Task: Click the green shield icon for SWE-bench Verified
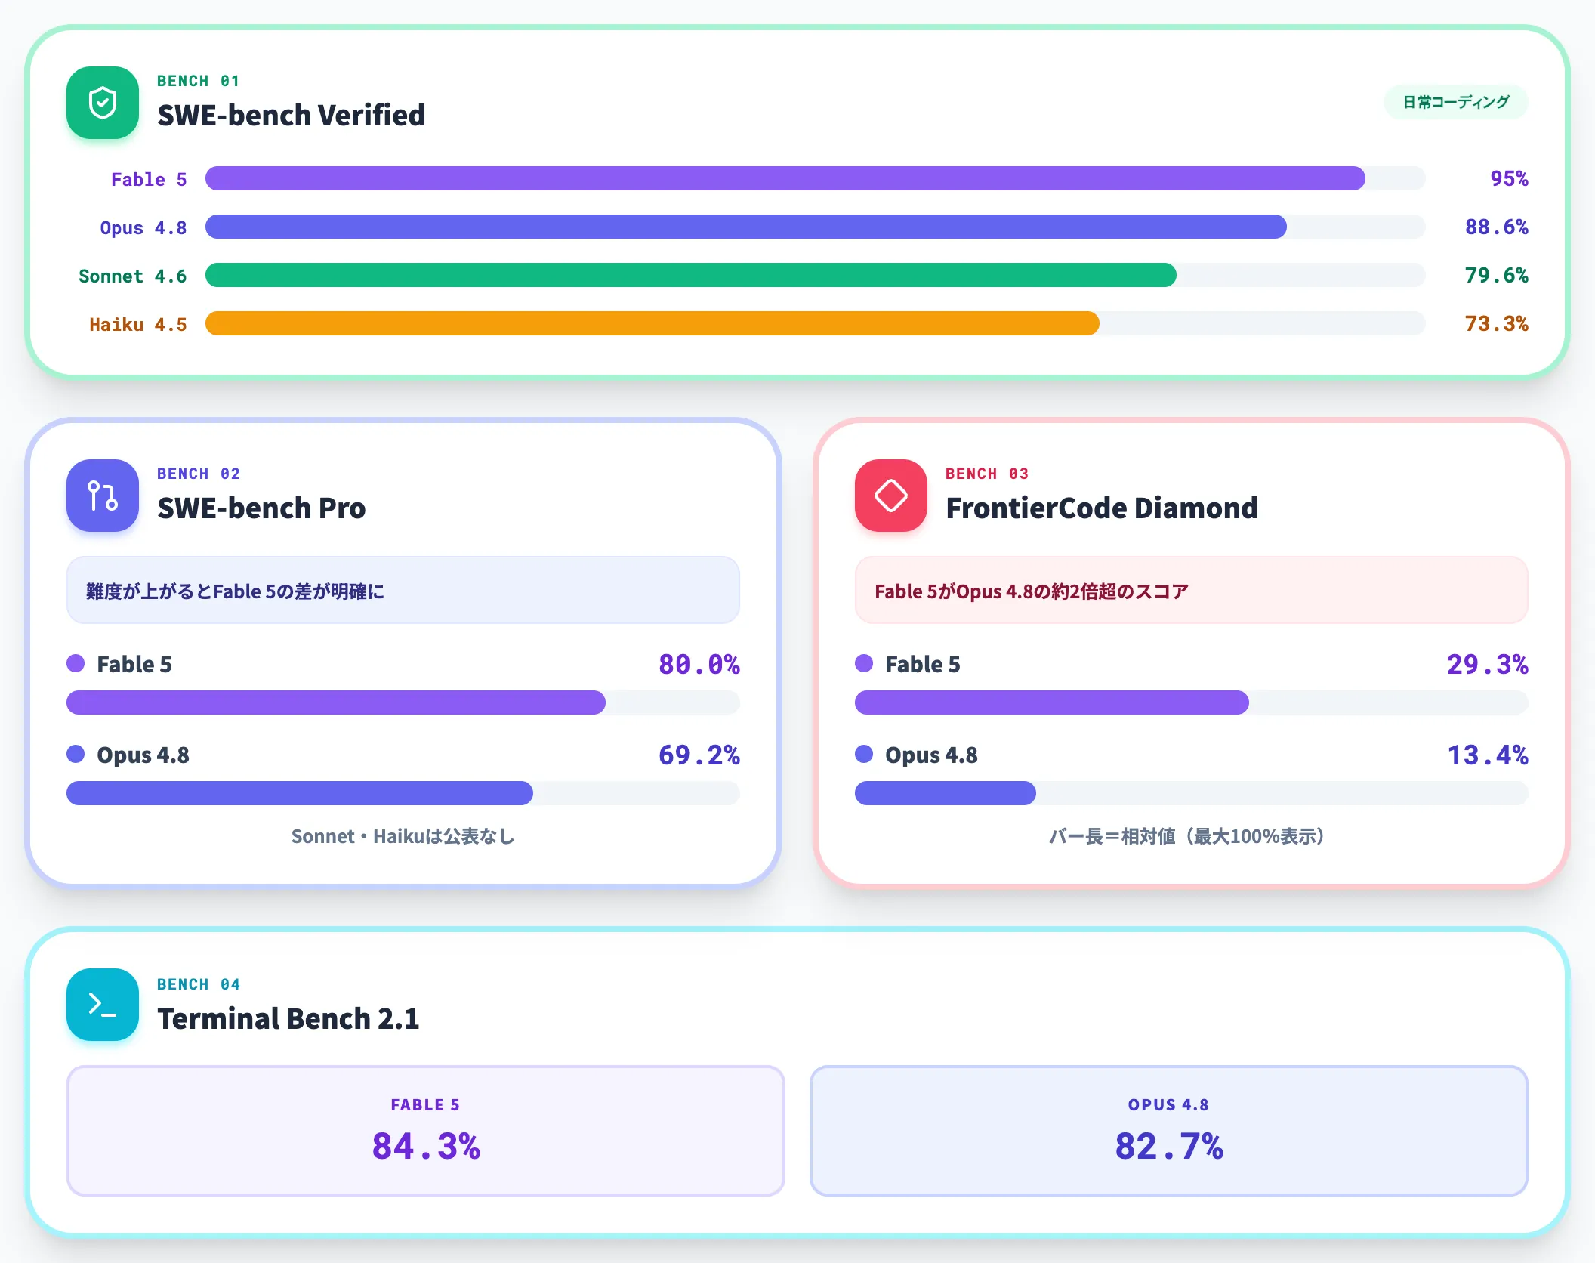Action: (x=103, y=103)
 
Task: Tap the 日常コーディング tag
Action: (x=1455, y=102)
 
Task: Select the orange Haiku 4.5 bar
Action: (x=652, y=323)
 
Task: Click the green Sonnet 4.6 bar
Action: (x=691, y=275)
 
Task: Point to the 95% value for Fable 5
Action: (x=1509, y=178)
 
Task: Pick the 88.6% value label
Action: (x=1496, y=227)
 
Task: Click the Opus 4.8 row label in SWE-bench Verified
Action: (x=143, y=227)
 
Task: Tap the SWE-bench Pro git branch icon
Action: (x=103, y=496)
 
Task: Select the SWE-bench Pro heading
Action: (x=261, y=508)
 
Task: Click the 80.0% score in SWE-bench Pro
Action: (x=699, y=664)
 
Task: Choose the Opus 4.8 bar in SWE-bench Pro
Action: (x=300, y=793)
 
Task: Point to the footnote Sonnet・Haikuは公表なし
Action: (x=403, y=836)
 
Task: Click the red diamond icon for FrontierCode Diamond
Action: (x=891, y=496)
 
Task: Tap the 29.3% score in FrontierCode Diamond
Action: (x=1487, y=664)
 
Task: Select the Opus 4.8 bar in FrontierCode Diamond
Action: (x=946, y=793)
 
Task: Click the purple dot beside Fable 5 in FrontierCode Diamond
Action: (x=864, y=663)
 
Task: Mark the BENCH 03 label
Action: (x=986, y=474)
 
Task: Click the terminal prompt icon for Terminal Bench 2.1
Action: (x=103, y=1005)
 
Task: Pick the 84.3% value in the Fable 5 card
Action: (x=426, y=1146)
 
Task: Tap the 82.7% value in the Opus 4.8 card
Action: (x=1169, y=1146)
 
